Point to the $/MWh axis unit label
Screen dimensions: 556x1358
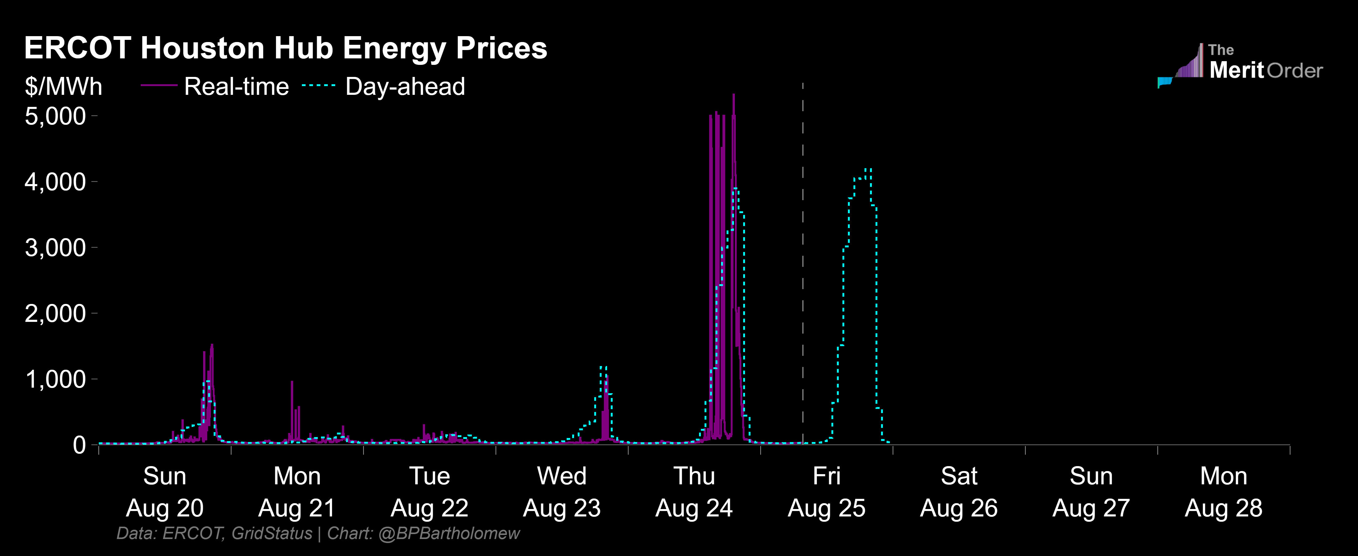[x=63, y=86]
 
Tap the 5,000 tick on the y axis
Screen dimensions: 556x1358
[x=55, y=116]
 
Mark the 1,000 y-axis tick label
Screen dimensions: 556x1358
[x=55, y=379]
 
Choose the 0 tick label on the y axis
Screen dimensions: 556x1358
[x=79, y=445]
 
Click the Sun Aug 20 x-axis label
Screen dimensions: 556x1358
[x=165, y=492]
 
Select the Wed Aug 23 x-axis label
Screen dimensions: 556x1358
[x=561, y=492]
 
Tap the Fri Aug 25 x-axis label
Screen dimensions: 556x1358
[x=826, y=492]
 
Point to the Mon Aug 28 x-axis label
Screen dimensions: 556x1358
[x=1223, y=492]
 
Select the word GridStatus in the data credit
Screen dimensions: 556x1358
[x=272, y=533]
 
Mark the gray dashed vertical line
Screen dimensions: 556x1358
[x=803, y=264]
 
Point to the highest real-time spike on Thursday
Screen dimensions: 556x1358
[x=733, y=95]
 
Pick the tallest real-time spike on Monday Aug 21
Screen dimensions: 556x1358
[x=292, y=382]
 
